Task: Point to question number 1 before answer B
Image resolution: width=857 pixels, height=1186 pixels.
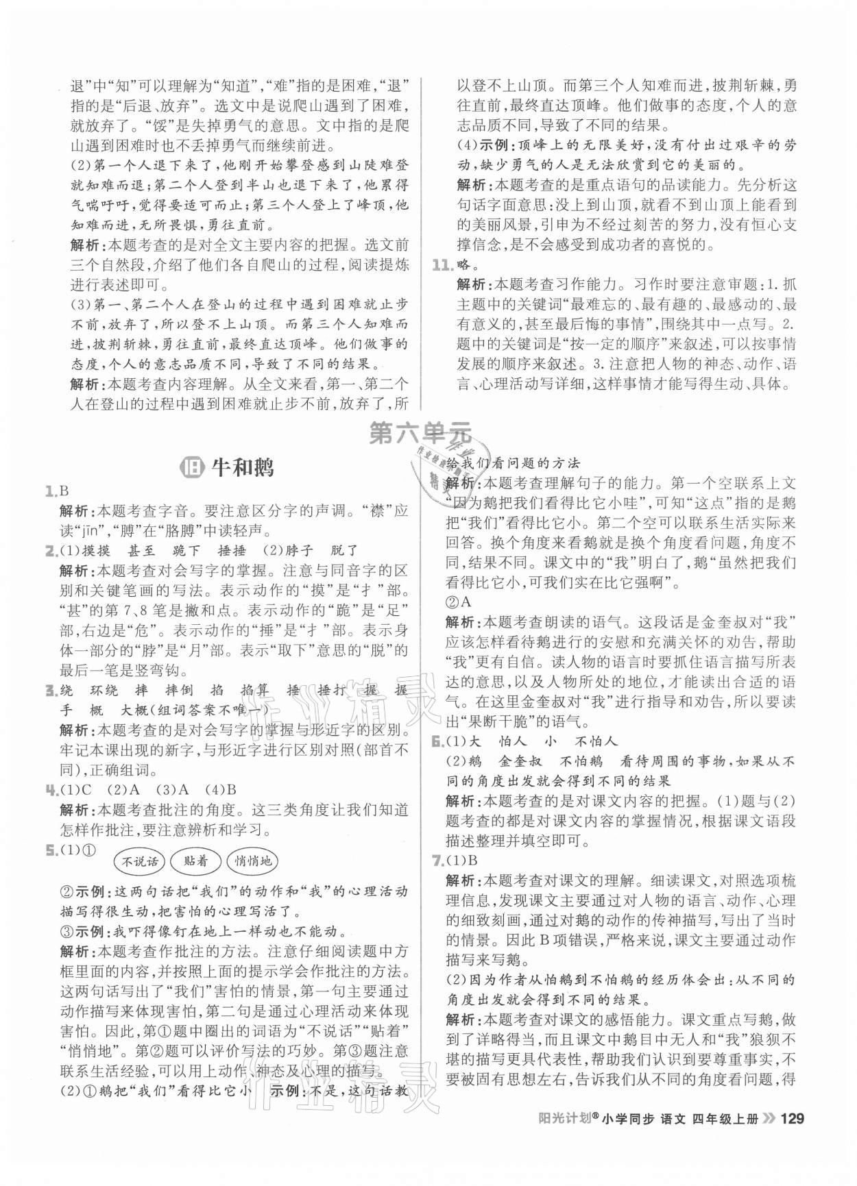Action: (50, 491)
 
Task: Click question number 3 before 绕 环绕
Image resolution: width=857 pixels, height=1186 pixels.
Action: (50, 690)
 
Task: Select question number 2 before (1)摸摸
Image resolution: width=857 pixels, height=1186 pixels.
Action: (50, 550)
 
